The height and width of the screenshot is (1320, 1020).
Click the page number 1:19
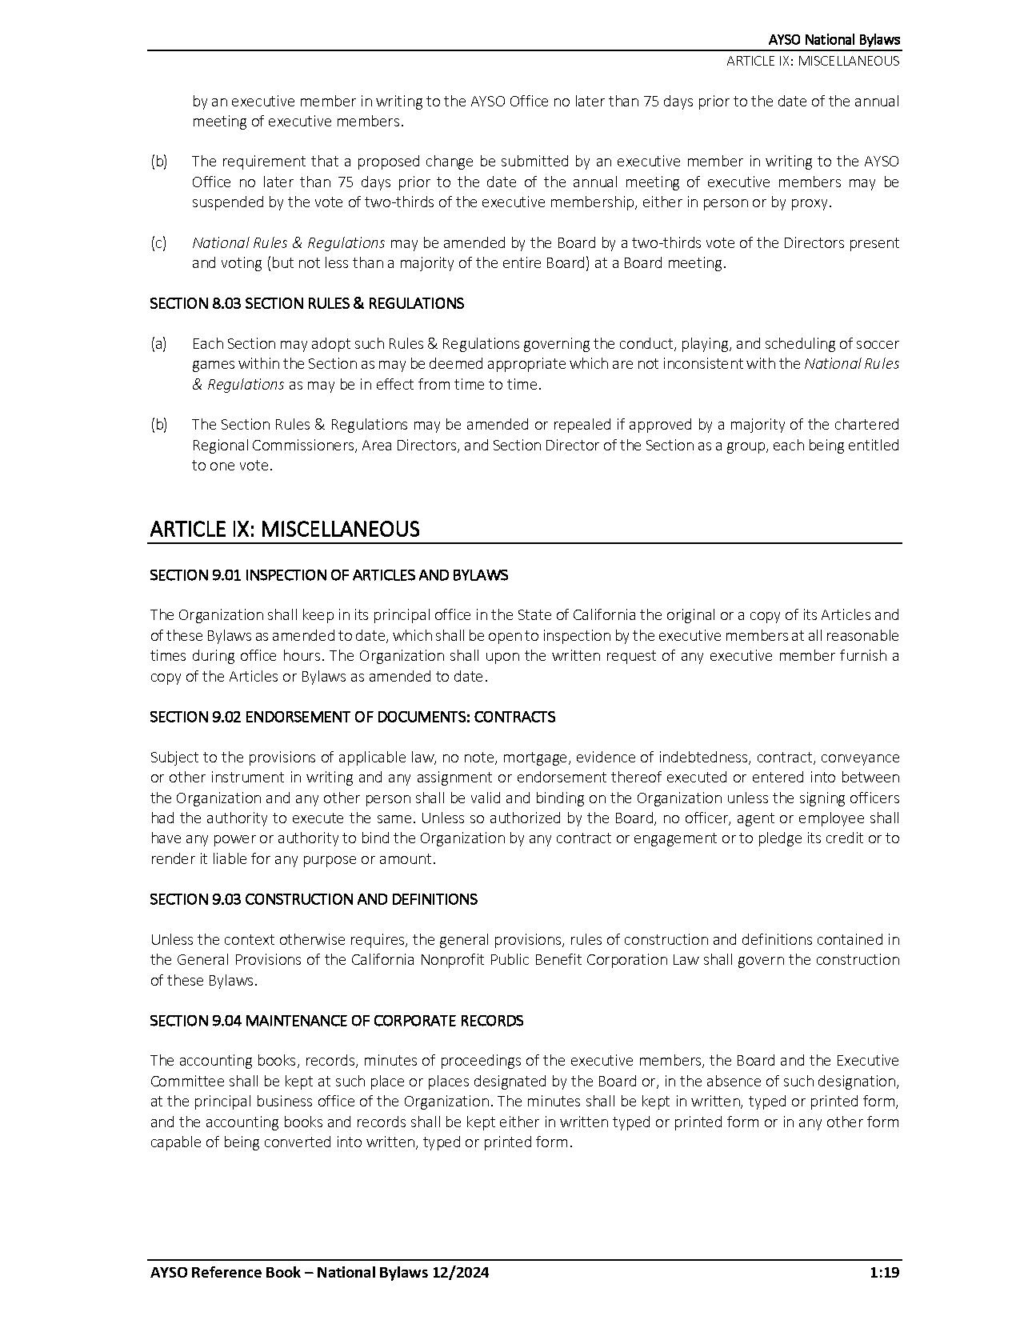point(883,1273)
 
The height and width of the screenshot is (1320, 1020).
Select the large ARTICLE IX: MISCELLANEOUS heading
point(284,529)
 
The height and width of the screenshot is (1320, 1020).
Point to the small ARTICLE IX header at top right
point(813,61)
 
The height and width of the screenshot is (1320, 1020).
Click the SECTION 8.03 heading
point(306,303)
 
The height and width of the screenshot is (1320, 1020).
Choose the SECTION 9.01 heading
point(329,575)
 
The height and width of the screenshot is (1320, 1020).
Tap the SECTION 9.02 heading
point(352,717)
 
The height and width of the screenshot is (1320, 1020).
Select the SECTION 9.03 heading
point(314,899)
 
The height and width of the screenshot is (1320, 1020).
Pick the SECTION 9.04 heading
point(336,1021)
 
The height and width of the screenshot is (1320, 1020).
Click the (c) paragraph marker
point(158,242)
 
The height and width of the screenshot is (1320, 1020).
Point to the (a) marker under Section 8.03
point(158,343)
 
